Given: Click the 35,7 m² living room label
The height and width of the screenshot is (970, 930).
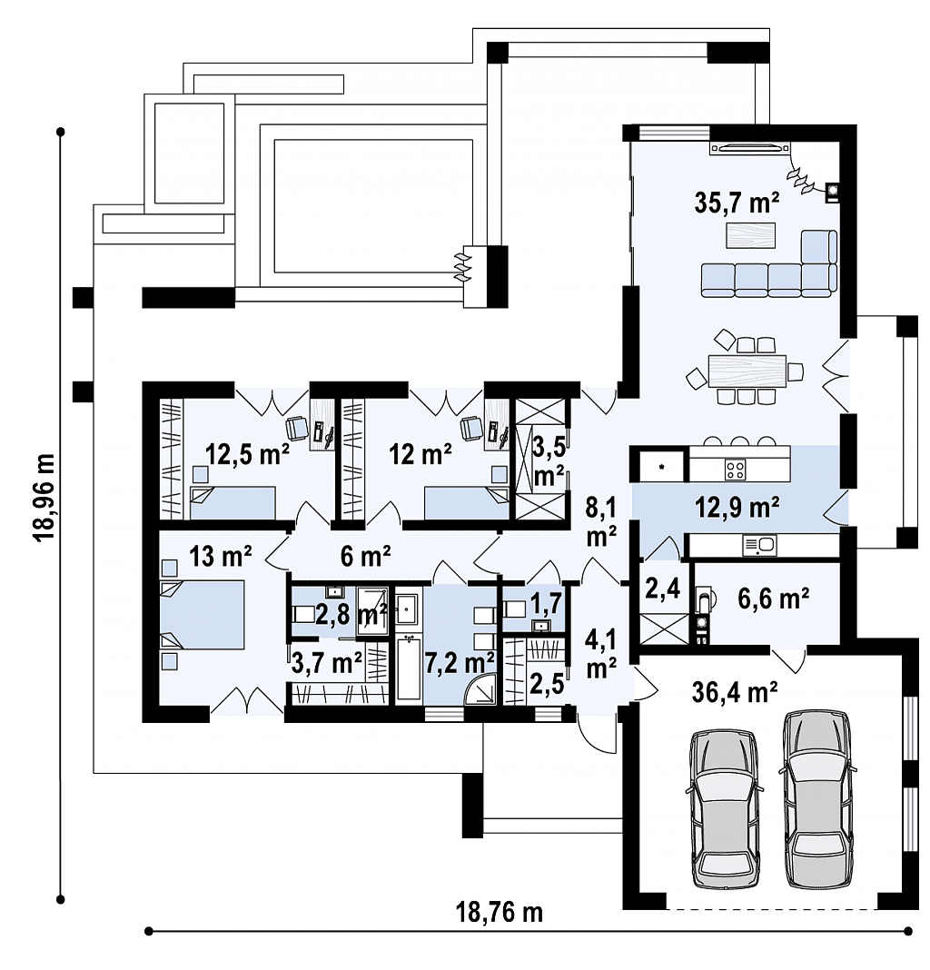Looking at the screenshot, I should coord(737,203).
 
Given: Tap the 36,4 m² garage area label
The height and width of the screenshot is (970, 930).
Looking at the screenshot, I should coord(735,694).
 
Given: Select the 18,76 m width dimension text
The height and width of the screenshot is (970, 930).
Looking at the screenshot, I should coord(499,912).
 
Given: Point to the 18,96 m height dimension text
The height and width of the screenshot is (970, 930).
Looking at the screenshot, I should coord(43,496).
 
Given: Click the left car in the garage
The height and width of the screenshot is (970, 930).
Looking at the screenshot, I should coord(724,809).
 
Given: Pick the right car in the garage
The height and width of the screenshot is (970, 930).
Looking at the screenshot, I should coord(818,797).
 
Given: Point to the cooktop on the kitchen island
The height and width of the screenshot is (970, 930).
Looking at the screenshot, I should coord(734,469).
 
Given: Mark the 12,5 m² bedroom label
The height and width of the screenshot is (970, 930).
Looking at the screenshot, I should coord(247,453).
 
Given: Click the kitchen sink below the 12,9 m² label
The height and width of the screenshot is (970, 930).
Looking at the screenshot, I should coord(757,544).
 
